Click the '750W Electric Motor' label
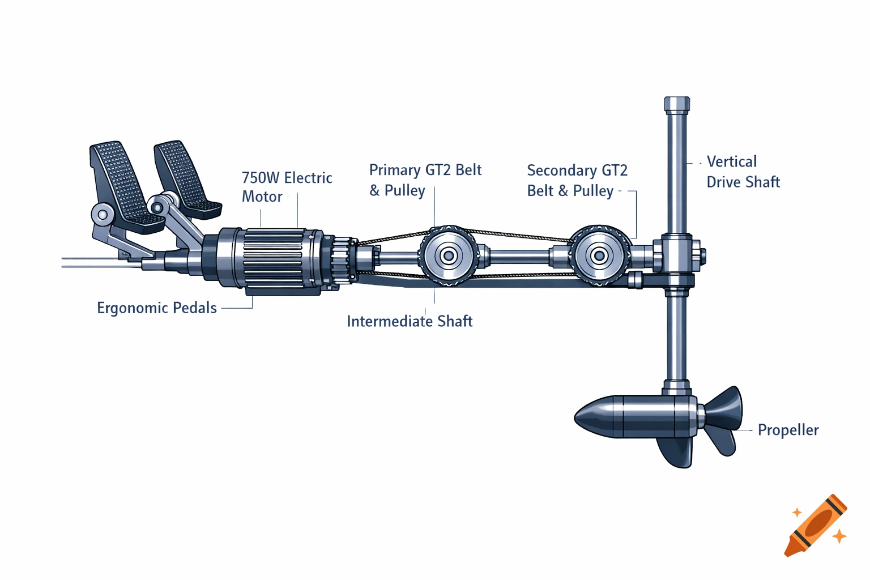[x=287, y=187]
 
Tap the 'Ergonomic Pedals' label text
[x=157, y=308]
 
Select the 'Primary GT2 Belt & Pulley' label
[x=425, y=180]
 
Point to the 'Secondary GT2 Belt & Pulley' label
[x=577, y=181]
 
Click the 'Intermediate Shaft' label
[x=410, y=321]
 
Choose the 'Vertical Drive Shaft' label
[x=743, y=172]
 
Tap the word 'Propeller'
[x=788, y=430]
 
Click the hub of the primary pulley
[x=449, y=256]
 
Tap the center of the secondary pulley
[x=599, y=256]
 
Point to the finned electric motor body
[x=272, y=261]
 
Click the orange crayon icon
[x=816, y=526]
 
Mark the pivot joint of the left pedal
[x=103, y=215]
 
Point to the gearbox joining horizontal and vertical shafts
[x=677, y=258]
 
